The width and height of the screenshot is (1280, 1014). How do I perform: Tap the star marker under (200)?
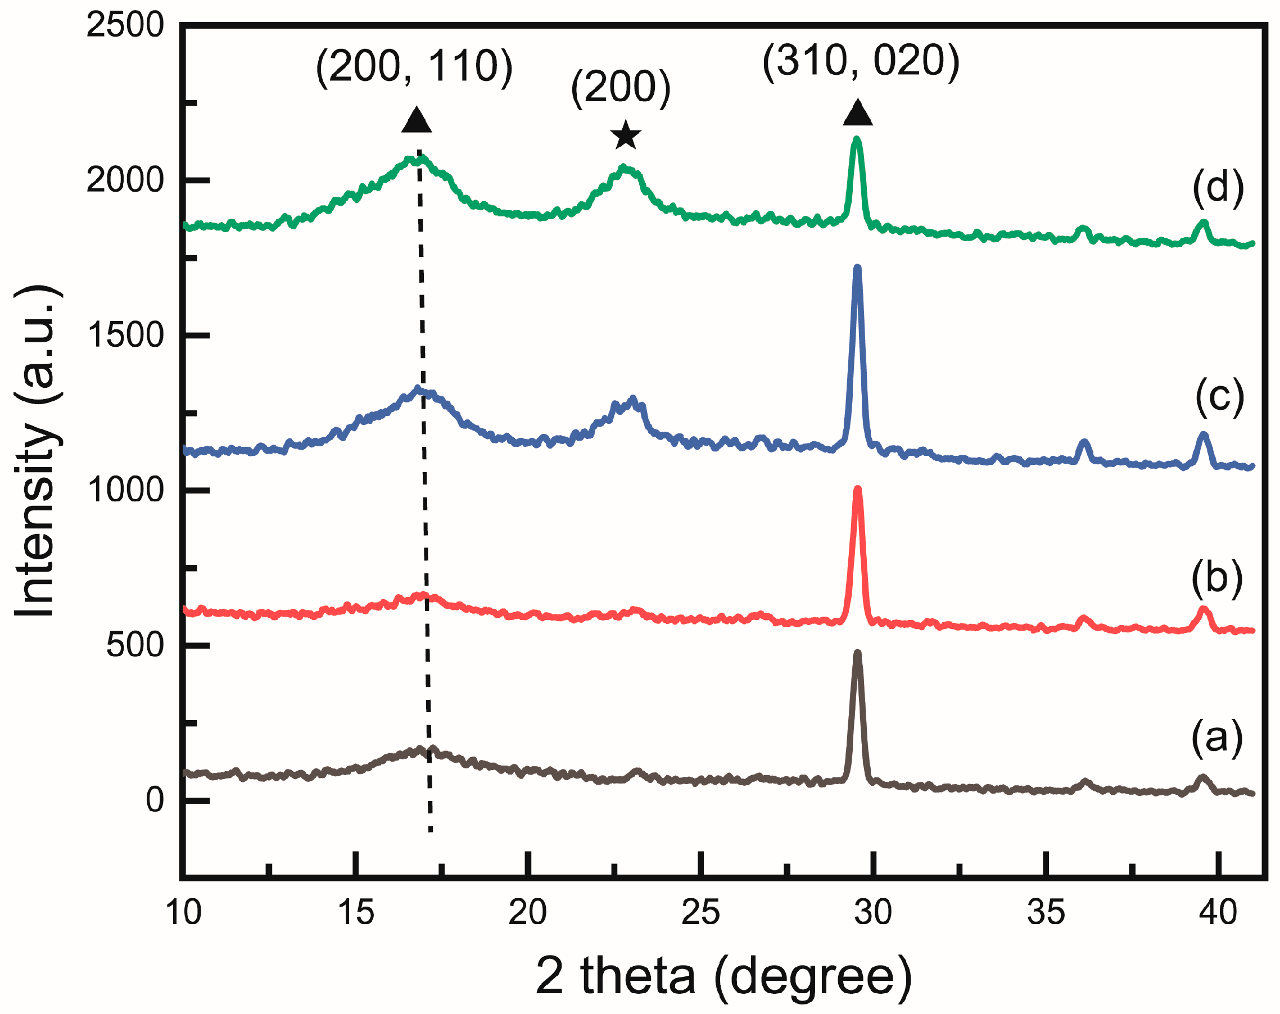pos(626,135)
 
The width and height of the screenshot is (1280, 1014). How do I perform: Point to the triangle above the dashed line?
pos(416,120)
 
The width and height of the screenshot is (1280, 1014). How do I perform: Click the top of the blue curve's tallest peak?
pos(857,268)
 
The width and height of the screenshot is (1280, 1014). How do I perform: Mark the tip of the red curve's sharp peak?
pos(857,489)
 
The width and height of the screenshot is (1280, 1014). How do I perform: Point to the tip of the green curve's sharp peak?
pos(856,140)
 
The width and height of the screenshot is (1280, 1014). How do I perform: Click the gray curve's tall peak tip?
pos(857,653)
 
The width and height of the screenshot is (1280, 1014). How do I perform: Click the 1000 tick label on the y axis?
pos(125,490)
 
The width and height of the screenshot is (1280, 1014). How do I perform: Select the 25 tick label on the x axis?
pos(700,912)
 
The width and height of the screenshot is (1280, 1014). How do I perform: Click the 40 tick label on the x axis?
pos(1218,912)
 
